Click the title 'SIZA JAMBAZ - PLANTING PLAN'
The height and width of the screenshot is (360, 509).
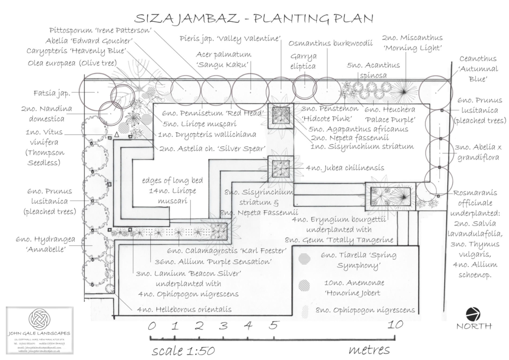pyautogui.click(x=255, y=18)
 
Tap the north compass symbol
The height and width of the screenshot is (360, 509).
pyautogui.click(x=473, y=314)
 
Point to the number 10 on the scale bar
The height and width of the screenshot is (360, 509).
pyautogui.click(x=395, y=325)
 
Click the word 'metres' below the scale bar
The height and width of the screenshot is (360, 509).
pyautogui.click(x=369, y=350)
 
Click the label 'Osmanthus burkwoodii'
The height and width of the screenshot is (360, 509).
pyautogui.click(x=330, y=43)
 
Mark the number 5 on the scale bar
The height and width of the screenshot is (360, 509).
pyautogui.click(x=273, y=325)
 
